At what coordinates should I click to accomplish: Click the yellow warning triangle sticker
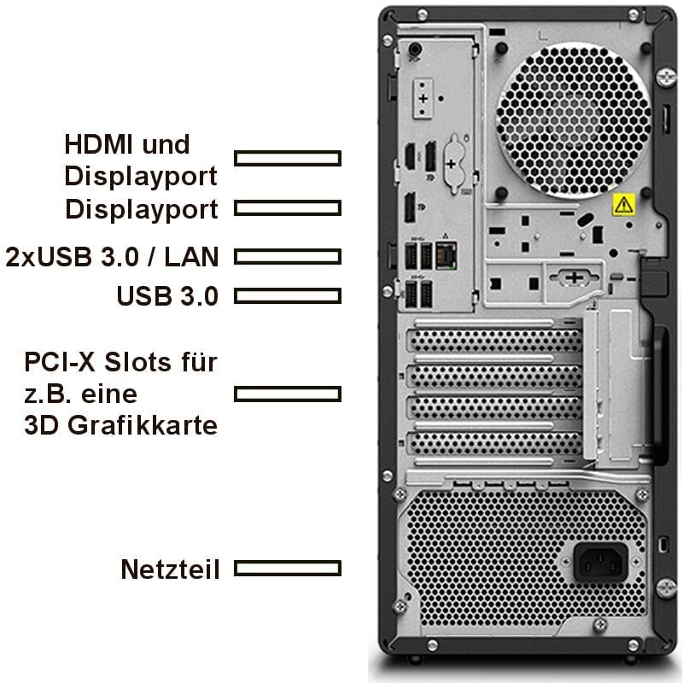coord(623,204)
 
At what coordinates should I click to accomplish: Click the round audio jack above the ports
coord(415,50)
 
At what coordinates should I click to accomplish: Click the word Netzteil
coord(170,569)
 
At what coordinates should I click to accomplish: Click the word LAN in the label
coord(193,255)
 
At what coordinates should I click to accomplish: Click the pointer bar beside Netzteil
coord(288,568)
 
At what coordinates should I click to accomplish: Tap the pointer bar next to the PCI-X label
coord(288,394)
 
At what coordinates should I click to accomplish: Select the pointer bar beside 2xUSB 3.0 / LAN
coord(288,255)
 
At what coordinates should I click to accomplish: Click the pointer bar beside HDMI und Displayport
coord(288,158)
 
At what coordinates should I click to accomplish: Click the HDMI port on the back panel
coord(410,158)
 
